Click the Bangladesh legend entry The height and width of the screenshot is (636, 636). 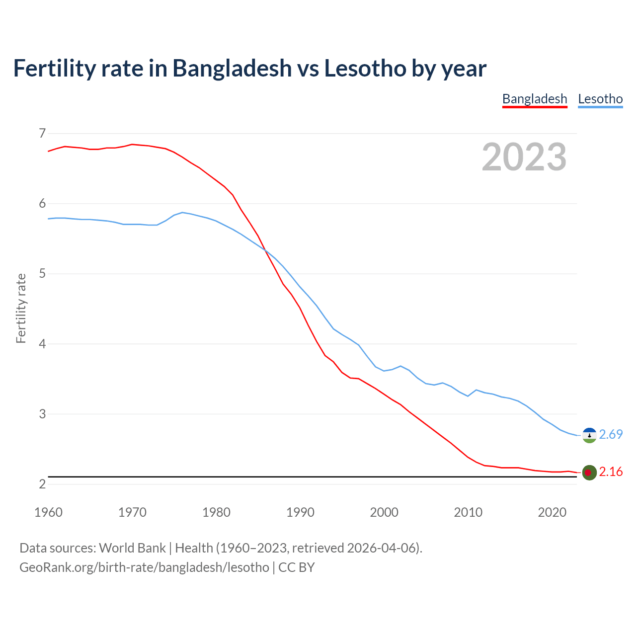point(535,99)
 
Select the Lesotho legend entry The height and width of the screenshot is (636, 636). point(600,99)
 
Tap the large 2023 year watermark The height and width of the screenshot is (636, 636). point(524,157)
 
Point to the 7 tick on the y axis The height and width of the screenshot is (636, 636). point(42,133)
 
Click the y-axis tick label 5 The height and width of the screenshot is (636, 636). point(42,273)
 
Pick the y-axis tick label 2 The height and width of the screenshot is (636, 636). point(42,484)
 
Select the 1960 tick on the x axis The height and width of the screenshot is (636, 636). point(48,512)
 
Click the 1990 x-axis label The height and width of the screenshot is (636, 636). point(300,512)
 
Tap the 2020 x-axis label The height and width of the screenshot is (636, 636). point(552,512)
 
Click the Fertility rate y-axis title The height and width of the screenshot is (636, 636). point(21,308)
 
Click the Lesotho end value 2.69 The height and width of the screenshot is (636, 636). point(611,434)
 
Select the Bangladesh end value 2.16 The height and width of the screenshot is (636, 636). point(611,472)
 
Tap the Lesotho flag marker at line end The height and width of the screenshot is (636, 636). point(589,435)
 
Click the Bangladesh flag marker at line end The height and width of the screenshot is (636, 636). point(589,473)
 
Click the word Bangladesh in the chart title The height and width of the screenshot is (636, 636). point(232,68)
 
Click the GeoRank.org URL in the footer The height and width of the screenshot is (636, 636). point(144,567)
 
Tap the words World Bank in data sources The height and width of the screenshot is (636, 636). point(132,548)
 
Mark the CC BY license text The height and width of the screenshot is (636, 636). point(297,567)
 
